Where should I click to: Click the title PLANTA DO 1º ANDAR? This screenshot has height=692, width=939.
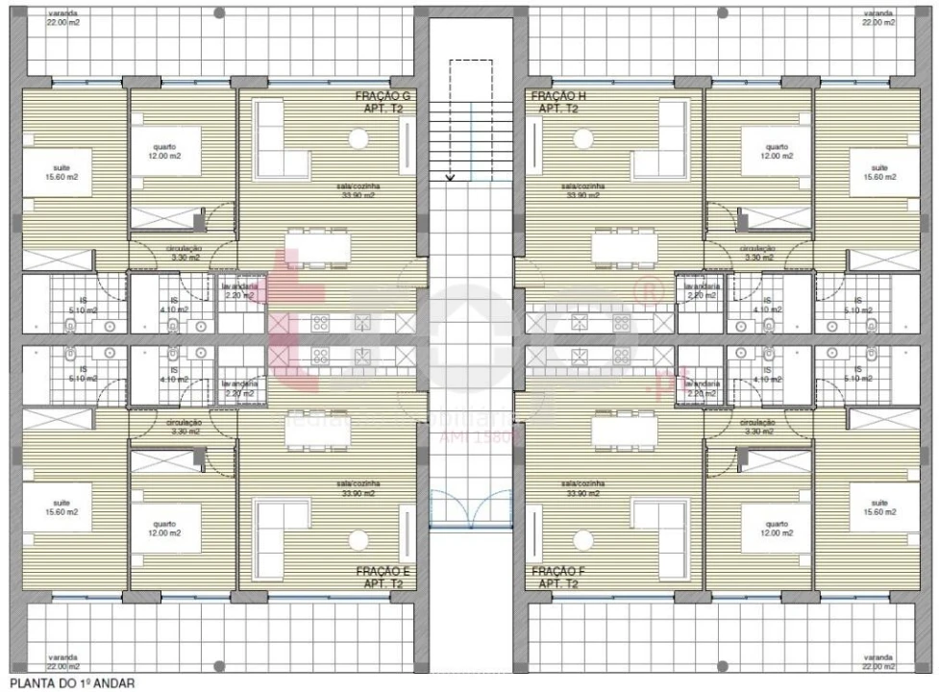(x=66, y=684)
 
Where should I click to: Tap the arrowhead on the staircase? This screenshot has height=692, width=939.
(x=450, y=177)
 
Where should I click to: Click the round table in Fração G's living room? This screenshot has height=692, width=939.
(x=358, y=140)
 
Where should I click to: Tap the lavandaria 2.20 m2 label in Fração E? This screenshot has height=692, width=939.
(x=239, y=389)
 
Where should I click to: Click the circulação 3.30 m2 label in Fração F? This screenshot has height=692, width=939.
(x=758, y=427)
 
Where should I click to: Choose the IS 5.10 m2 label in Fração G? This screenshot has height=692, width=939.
(x=84, y=306)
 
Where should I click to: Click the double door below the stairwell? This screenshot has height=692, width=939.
(x=470, y=507)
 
